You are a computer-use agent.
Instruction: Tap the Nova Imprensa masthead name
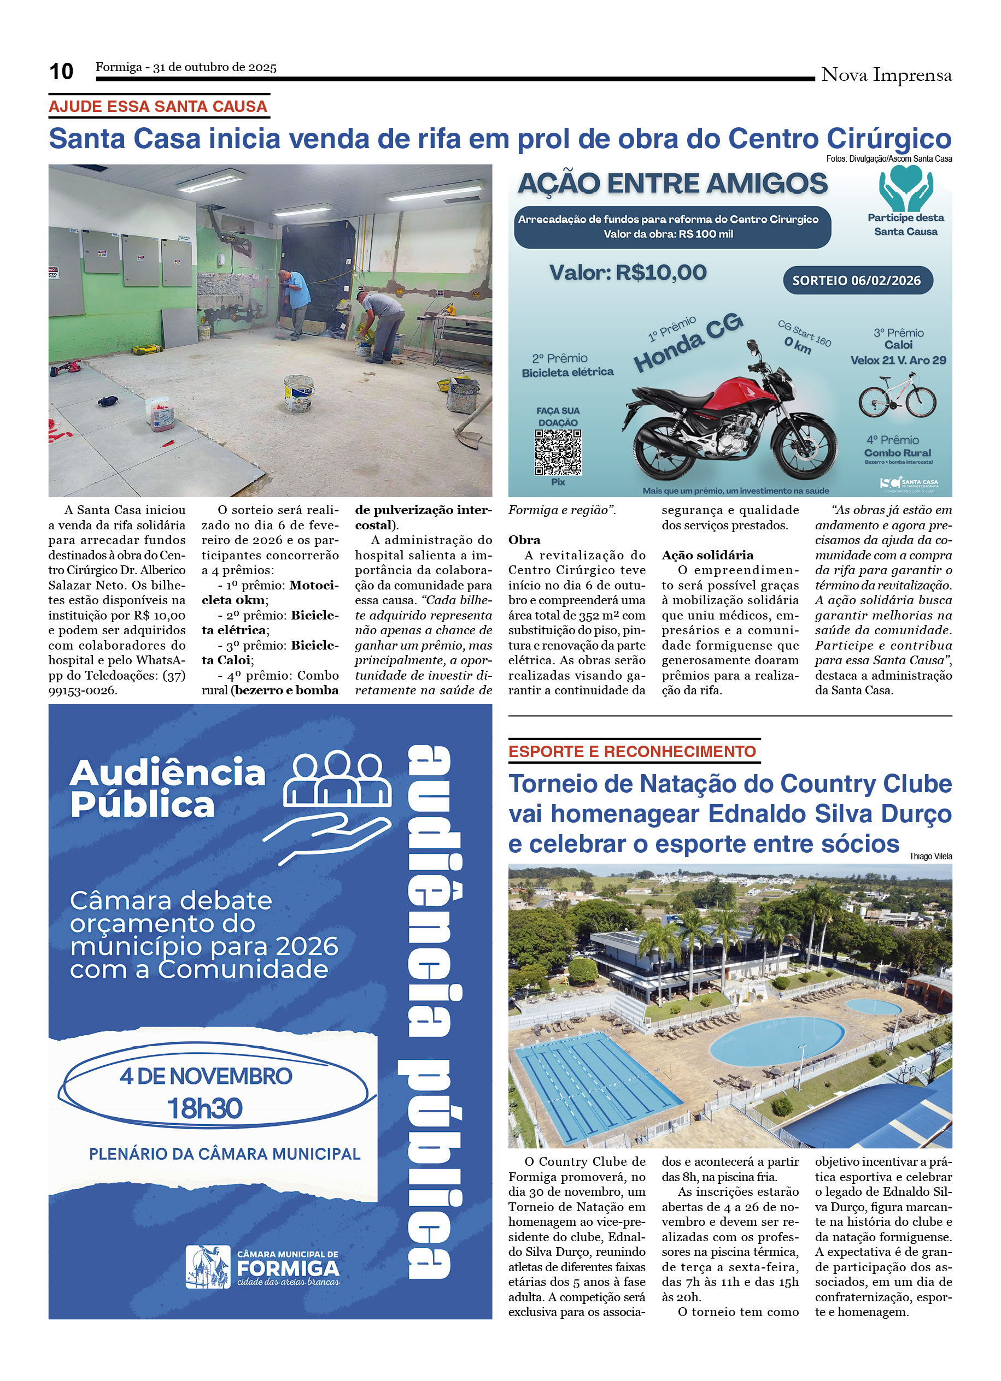pyautogui.click(x=886, y=75)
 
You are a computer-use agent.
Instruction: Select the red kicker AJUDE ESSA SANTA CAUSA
pyautogui.click(x=158, y=107)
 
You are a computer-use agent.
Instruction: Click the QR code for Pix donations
pyautogui.click(x=558, y=452)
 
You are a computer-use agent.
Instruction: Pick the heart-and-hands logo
pyautogui.click(x=905, y=188)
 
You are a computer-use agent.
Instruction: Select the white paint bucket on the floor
pyautogui.click(x=298, y=392)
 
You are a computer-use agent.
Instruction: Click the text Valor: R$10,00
pyautogui.click(x=628, y=272)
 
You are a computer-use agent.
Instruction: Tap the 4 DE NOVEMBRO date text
pyautogui.click(x=206, y=1076)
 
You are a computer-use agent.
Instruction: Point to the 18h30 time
pyautogui.click(x=204, y=1108)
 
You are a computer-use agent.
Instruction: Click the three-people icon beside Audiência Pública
pyautogui.click(x=337, y=778)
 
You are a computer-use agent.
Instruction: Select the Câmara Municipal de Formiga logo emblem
pyautogui.click(x=208, y=1267)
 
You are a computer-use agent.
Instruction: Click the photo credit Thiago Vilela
pyautogui.click(x=930, y=856)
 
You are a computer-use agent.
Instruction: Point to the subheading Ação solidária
pyautogui.click(x=707, y=554)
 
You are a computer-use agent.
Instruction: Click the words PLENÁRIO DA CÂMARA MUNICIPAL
pyautogui.click(x=225, y=1154)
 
